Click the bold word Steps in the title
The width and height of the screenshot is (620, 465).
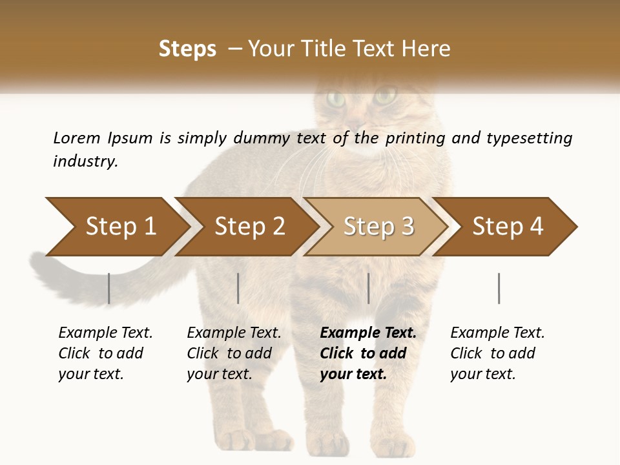(x=187, y=48)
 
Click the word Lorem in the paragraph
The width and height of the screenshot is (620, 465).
(x=77, y=138)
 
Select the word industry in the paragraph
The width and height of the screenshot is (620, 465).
(x=85, y=161)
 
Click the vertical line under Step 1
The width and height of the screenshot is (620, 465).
(x=109, y=288)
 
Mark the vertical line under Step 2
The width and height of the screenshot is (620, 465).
(x=238, y=288)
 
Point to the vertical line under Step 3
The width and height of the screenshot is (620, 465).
(x=368, y=288)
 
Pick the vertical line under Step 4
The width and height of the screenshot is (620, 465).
(x=499, y=288)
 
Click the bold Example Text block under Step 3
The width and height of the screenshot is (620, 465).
(x=367, y=353)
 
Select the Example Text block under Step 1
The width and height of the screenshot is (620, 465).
(x=105, y=353)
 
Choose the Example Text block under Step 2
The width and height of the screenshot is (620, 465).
(x=234, y=353)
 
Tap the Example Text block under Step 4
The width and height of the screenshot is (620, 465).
(x=497, y=353)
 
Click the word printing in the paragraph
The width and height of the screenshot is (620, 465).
(x=415, y=138)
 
